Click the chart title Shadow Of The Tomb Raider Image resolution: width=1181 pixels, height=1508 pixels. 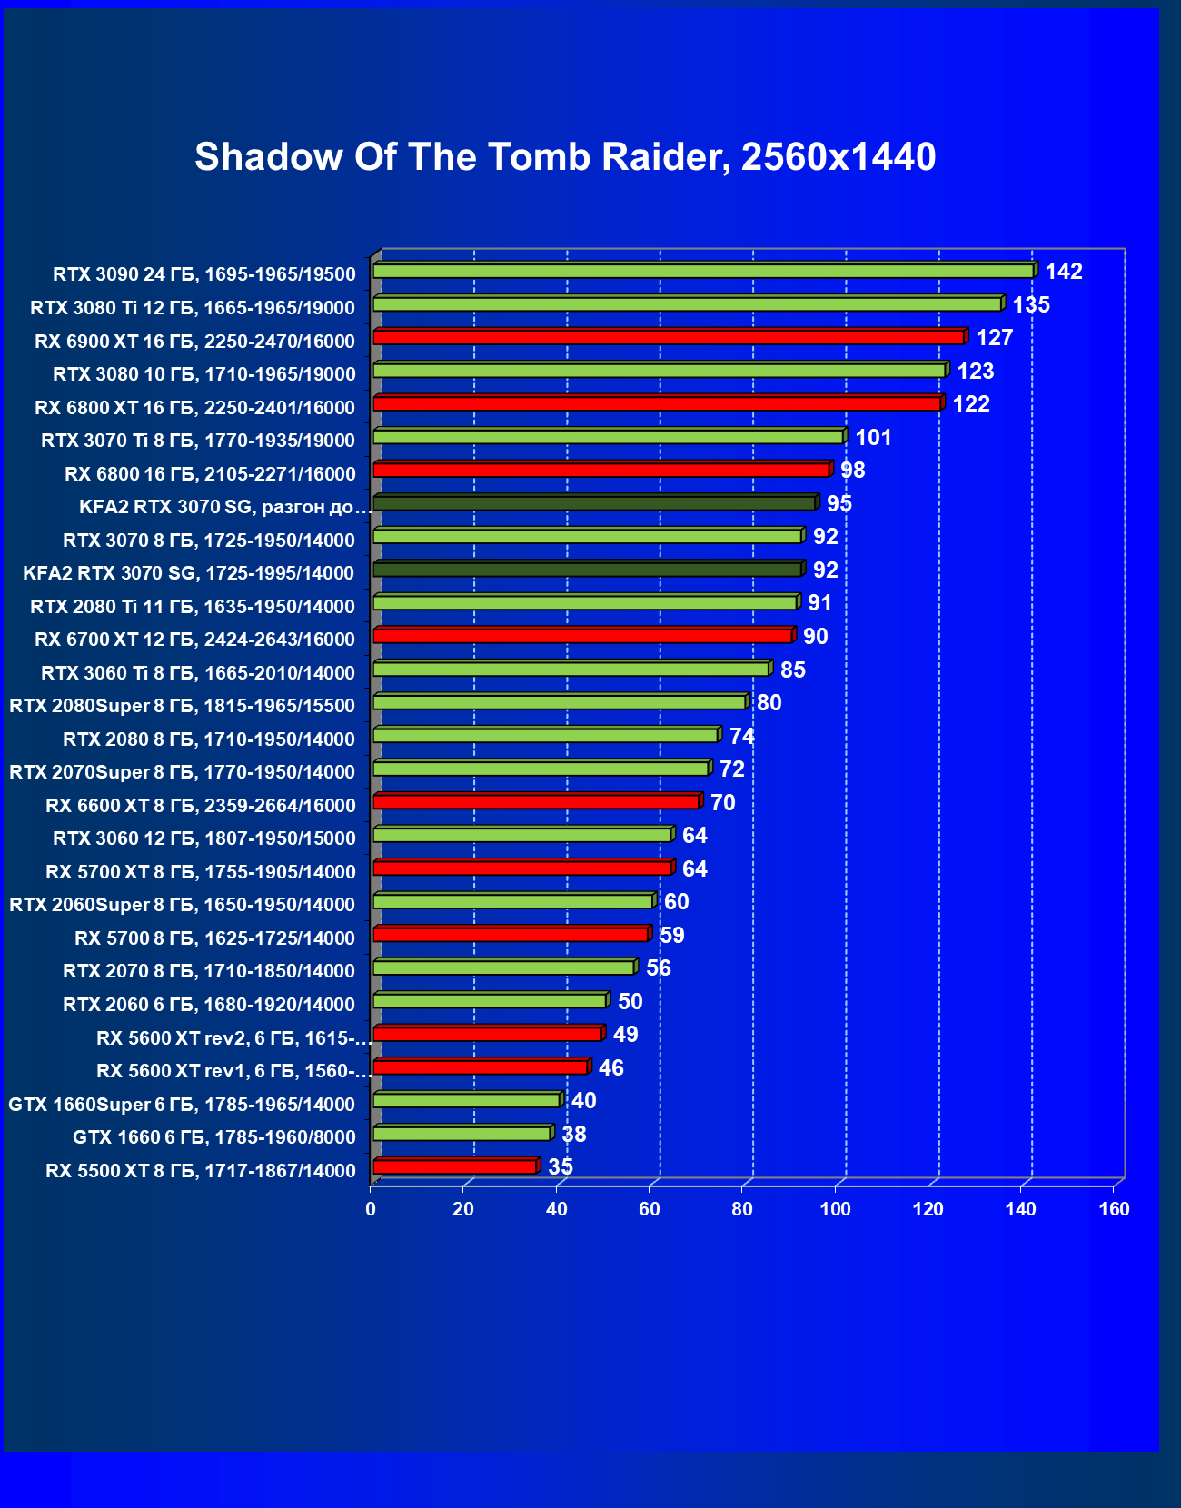[x=565, y=157]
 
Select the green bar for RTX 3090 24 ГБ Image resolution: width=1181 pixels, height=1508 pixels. [x=703, y=271]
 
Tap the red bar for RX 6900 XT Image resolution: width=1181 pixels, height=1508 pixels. [x=669, y=337]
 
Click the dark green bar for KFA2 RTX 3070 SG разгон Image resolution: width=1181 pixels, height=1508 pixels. [x=594, y=503]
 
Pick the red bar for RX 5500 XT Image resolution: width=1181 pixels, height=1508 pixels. [x=455, y=1166]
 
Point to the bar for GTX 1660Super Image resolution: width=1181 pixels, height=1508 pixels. [x=466, y=1100]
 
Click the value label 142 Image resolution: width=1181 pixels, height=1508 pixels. [x=1064, y=272]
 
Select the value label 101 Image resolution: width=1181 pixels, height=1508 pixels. [x=873, y=438]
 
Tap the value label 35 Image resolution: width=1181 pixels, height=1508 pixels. [x=561, y=1167]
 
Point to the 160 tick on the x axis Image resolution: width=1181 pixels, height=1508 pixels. [x=1114, y=1209]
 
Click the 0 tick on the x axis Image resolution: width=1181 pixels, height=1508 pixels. [x=371, y=1209]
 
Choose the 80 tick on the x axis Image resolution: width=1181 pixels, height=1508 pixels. [x=742, y=1209]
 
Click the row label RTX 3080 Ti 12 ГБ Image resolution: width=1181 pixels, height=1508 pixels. [x=193, y=308]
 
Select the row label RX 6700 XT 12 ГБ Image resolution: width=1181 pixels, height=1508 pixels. [x=194, y=640]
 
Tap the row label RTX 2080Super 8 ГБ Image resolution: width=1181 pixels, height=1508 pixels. [x=182, y=706]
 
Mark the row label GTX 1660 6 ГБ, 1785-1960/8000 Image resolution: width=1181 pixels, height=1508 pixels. [x=214, y=1137]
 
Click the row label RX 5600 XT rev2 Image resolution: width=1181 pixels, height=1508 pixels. [x=234, y=1038]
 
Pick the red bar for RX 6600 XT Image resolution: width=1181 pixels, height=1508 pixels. [x=536, y=801]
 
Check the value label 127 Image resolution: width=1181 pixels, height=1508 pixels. [x=994, y=338]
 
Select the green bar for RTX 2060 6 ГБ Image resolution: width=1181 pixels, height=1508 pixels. [x=490, y=1000]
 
